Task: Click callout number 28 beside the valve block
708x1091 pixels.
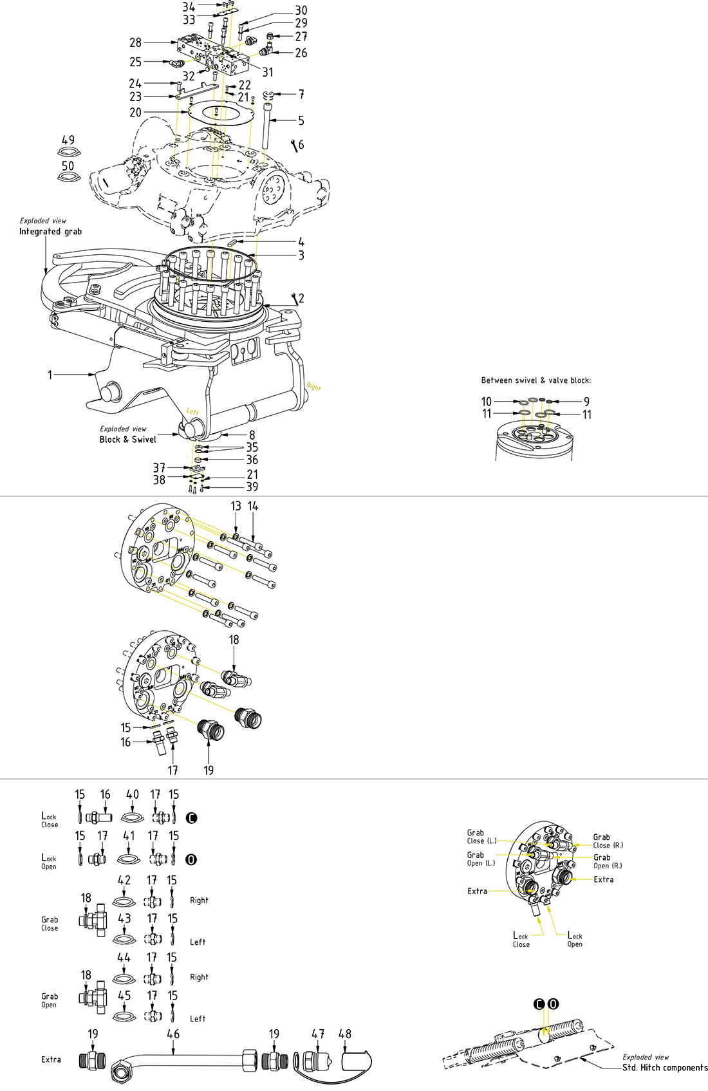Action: coord(135,42)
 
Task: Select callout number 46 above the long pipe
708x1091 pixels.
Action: coord(173,1034)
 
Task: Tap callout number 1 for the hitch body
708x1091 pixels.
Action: coord(50,374)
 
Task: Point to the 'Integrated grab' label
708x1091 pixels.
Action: coord(50,232)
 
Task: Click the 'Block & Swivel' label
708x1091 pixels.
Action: coord(127,440)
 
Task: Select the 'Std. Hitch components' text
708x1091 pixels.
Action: coord(664,1067)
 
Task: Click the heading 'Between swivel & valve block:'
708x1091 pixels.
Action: coord(536,380)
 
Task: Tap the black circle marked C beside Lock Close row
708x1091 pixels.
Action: coord(191,818)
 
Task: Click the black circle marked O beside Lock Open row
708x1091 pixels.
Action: coord(191,860)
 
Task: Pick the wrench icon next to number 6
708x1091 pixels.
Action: coord(294,145)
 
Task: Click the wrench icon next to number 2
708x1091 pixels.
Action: coord(295,298)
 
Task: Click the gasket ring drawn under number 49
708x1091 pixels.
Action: coord(68,153)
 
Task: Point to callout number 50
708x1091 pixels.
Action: coord(68,165)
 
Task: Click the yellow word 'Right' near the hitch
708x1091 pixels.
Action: coord(313,387)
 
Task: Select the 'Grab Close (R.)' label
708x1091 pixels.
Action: coord(608,841)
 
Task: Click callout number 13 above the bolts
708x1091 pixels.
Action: coord(236,507)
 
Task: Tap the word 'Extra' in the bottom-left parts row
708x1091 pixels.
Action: coord(51,1059)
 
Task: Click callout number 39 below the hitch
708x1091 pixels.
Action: coord(252,487)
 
